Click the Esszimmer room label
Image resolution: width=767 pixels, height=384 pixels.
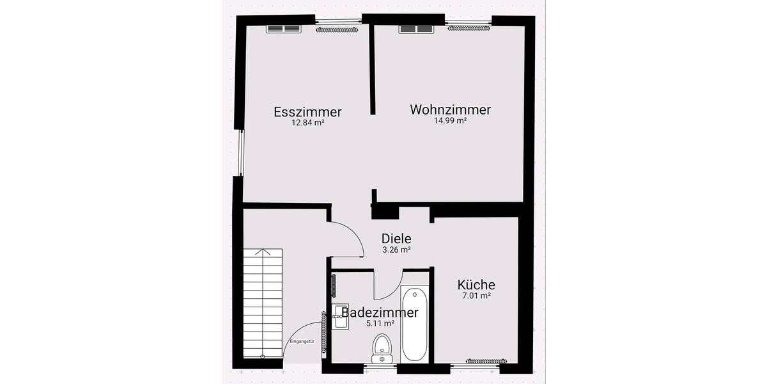pos(307,111)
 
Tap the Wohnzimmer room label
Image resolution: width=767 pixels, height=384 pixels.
pos(450,109)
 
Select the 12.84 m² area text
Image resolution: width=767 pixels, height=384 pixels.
pos(307,122)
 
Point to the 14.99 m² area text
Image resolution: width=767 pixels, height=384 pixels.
pos(450,120)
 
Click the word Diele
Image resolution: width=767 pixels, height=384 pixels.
pos(396,239)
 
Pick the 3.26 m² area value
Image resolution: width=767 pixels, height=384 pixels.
pos(396,250)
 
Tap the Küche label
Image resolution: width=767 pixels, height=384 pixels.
pos(476,285)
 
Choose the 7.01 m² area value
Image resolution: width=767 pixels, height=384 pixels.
pos(476,296)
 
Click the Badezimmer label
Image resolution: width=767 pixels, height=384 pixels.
pos(380,312)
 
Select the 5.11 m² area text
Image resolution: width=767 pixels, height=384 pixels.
pos(380,323)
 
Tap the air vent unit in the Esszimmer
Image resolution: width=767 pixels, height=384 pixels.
pos(283,29)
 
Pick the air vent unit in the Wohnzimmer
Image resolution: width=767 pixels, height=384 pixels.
pos(416,29)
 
